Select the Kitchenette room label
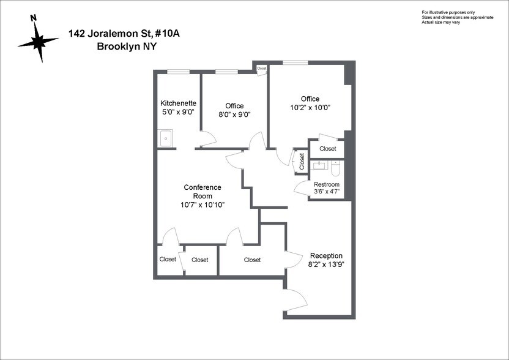pos(178,103)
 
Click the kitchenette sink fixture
pos(166,138)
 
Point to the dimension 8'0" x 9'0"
pos(234,114)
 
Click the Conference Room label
pos(202,192)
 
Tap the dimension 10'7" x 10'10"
pos(202,204)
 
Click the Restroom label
pos(326,184)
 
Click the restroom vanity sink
pos(319,165)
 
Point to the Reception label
pos(326,256)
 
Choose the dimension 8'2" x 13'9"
pos(326,265)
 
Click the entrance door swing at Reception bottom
pos(295,300)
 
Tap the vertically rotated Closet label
pos(302,160)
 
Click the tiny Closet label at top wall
pos(262,69)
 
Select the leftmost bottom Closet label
pos(168,260)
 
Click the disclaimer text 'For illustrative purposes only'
pos(448,12)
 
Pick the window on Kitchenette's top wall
pos(178,72)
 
